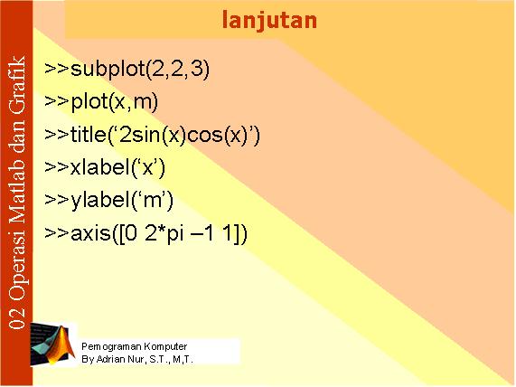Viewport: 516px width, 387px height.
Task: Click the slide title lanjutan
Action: (269, 21)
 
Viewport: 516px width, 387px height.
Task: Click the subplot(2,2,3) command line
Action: (127, 70)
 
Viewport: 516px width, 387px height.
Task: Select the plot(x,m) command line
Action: (101, 102)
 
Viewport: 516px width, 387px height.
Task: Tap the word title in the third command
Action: (88, 134)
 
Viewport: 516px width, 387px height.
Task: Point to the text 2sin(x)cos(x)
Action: (183, 136)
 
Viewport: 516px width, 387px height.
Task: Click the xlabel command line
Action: (105, 168)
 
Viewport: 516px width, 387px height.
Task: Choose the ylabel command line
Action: (109, 202)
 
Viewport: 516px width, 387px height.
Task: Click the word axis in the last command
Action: (90, 234)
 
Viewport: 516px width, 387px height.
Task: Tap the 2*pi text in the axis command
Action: (164, 234)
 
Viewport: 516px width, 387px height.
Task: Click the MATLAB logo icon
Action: (52, 345)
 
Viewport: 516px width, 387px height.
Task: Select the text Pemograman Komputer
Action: (135, 347)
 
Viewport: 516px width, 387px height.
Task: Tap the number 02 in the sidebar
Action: (17, 318)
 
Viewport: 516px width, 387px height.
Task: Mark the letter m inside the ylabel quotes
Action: (153, 202)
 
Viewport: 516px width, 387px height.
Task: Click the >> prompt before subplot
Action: (57, 69)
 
